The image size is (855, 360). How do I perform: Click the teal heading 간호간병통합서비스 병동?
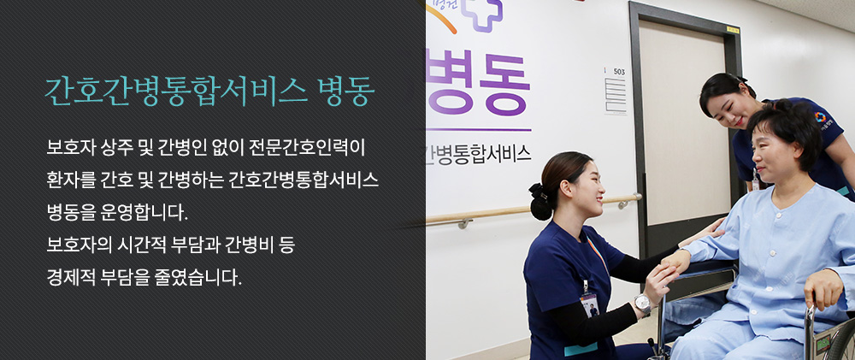coord(210,91)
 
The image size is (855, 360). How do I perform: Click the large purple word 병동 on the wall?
coord(478,82)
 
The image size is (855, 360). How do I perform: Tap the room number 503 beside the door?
coord(619,72)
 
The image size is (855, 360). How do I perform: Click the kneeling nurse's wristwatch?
coord(642,303)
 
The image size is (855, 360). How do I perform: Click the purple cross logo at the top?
coord(481,14)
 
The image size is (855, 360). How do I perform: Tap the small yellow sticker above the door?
coord(733,30)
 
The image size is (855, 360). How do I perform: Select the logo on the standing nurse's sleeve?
coord(820,117)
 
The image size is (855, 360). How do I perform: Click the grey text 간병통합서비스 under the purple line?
coord(478,154)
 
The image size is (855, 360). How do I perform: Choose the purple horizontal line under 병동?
coord(478,130)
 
